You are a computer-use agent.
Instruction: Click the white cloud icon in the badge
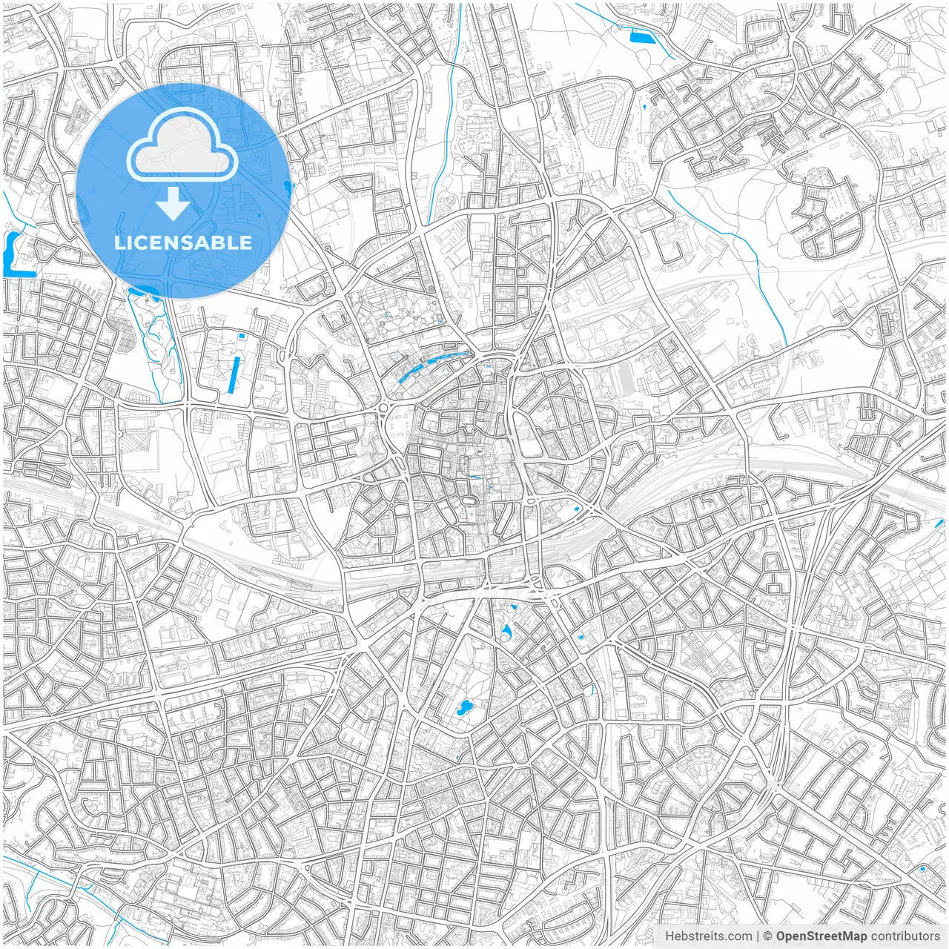coord(182,145)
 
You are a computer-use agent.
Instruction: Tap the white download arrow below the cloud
coord(173,204)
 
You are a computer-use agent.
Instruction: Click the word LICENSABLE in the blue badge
coord(182,242)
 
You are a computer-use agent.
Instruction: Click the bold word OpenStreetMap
coord(821,936)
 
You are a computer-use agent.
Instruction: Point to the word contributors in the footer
coord(905,936)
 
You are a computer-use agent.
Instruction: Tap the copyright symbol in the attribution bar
coord(768,936)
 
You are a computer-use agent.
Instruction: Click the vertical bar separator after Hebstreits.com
coord(758,936)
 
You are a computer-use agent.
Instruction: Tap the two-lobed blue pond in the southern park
coord(465,707)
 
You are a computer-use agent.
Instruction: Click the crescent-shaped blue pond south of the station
coord(506,631)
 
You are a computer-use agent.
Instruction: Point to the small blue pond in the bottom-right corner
coord(922,868)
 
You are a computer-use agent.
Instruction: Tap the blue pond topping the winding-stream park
coord(148,291)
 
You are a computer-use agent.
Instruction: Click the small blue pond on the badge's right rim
coord(286,188)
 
